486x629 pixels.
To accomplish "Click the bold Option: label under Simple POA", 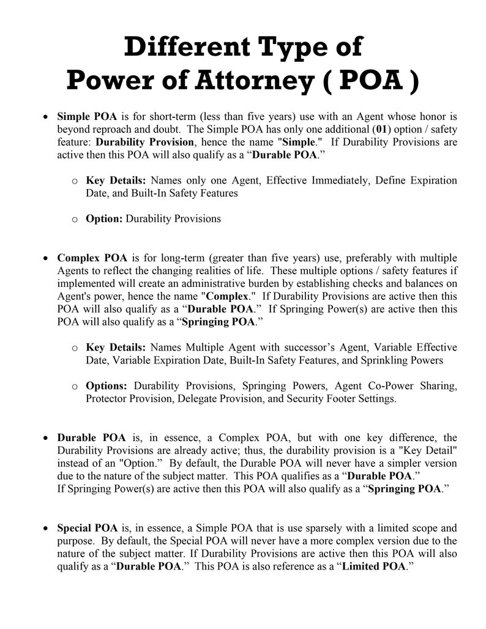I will (104, 218).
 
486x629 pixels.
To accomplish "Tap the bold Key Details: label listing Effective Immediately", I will (116, 181).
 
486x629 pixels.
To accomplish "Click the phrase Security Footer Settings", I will (343, 399).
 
